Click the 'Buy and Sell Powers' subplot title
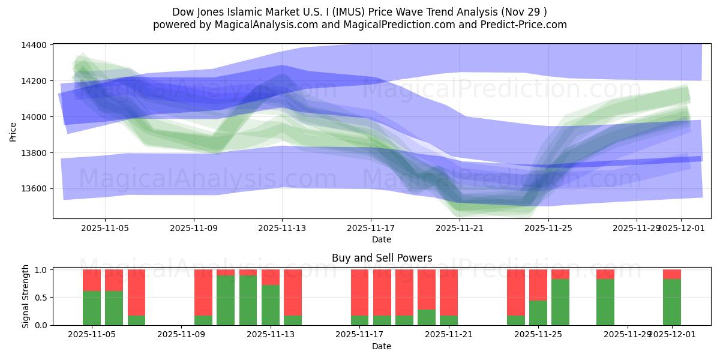(x=382, y=258)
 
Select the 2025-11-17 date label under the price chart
(x=371, y=228)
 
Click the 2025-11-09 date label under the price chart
(x=194, y=228)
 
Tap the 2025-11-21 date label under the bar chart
(x=448, y=335)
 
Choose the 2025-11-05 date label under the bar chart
(x=92, y=335)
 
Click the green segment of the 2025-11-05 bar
(x=92, y=308)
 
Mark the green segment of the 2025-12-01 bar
(x=672, y=302)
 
